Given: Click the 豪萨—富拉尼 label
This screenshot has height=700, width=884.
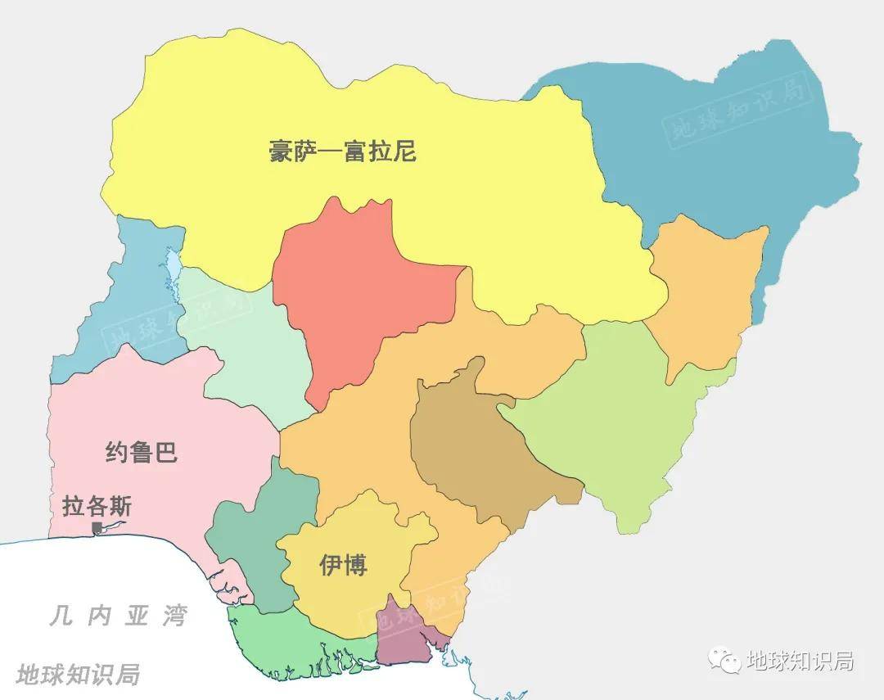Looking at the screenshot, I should pos(342,151).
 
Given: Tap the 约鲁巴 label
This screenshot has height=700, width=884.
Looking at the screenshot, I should pos(142,452).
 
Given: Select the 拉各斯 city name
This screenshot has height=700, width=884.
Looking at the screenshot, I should pos(97,506).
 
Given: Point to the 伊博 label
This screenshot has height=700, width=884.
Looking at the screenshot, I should pos(344,565).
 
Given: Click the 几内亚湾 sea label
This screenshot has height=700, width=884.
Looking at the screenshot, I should pos(118,616).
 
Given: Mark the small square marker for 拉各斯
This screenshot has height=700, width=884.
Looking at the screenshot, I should pos(97,528).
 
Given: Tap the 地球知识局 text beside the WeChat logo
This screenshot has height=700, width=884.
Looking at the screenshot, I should pos(800,660).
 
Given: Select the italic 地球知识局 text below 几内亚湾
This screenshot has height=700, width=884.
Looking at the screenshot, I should pos(78,674).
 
